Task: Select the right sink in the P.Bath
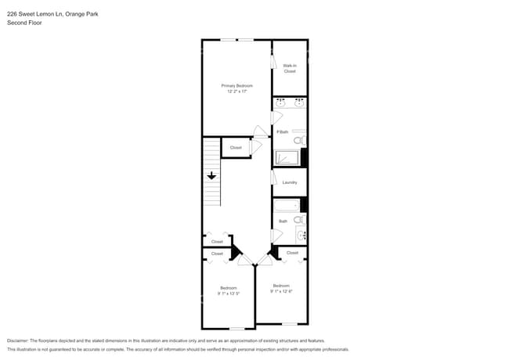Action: coord(298,103)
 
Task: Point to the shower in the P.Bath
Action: coord(286,157)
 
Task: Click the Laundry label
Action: coord(289,182)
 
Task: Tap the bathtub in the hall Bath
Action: coord(286,206)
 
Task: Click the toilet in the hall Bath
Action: coord(298,220)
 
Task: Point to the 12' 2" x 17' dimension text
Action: coord(236,91)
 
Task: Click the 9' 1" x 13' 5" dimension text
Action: coord(229,294)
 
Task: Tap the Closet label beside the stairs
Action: coord(236,147)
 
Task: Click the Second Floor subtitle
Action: coord(23,23)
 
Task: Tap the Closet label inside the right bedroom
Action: coord(292,253)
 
